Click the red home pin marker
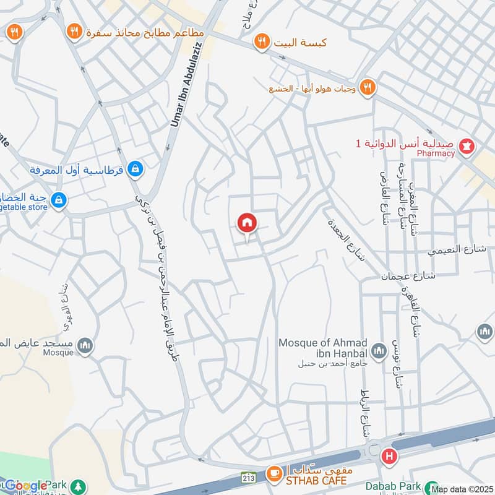click(x=247, y=223)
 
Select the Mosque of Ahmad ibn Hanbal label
click(x=323, y=348)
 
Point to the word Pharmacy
click(x=436, y=153)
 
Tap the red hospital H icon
click(x=389, y=457)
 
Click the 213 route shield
click(x=249, y=478)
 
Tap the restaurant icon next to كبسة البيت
click(x=262, y=42)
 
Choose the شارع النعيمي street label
click(x=458, y=250)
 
